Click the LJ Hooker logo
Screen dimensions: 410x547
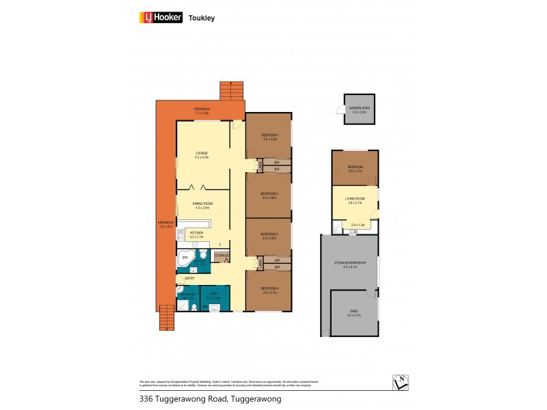click(x=162, y=18)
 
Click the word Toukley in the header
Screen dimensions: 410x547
click(x=202, y=18)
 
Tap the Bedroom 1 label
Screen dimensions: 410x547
click(x=269, y=137)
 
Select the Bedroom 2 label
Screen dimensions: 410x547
click(x=269, y=195)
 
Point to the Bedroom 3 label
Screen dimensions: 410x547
click(x=269, y=236)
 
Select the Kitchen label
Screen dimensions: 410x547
click(x=197, y=234)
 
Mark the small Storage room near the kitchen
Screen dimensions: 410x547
click(x=222, y=256)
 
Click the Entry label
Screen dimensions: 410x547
click(x=190, y=279)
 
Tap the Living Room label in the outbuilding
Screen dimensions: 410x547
click(x=356, y=200)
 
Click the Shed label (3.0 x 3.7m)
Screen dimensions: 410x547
click(x=353, y=313)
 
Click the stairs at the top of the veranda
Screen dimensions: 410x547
click(x=232, y=90)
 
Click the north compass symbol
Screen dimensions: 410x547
click(x=400, y=383)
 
